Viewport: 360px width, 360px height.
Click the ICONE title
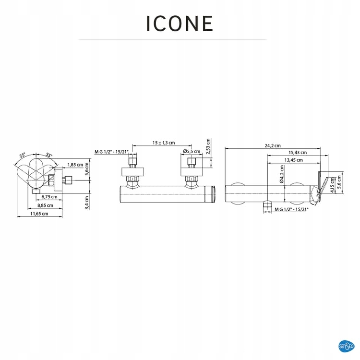point(180,23)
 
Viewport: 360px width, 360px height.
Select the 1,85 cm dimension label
point(75,165)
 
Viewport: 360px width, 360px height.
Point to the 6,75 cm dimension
point(49,197)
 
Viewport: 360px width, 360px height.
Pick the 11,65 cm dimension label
point(38,214)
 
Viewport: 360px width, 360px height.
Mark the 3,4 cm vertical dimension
point(87,203)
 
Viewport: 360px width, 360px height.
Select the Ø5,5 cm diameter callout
point(192,152)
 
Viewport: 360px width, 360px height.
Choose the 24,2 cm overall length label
point(272,145)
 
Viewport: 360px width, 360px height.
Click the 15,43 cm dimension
point(298,153)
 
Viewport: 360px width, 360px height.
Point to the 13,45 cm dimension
point(293,160)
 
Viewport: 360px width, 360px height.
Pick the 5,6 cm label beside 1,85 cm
point(87,170)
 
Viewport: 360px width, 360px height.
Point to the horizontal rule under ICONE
point(172,39)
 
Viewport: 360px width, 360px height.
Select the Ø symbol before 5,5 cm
point(185,152)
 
